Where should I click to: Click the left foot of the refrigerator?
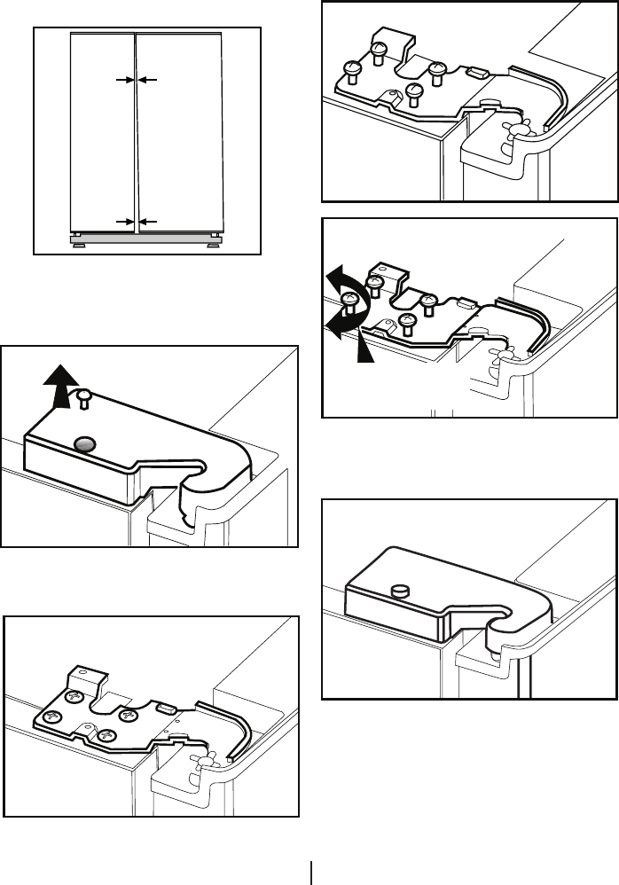(x=79, y=239)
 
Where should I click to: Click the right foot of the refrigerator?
(x=216, y=239)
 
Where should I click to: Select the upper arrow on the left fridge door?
(x=125, y=80)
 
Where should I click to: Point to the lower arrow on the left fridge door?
(x=125, y=221)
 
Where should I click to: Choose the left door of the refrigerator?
(x=102, y=133)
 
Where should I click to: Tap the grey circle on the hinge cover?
(x=84, y=444)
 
